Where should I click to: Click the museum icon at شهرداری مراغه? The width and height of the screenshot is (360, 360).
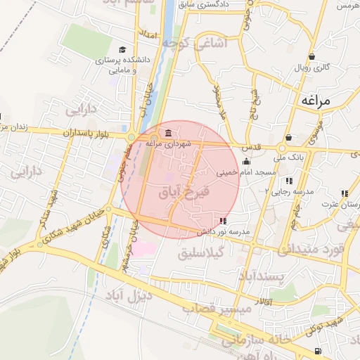click(167, 134)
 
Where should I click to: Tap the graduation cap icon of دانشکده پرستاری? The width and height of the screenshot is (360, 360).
click(123, 49)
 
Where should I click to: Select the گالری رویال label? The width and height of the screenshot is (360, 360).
click(313, 67)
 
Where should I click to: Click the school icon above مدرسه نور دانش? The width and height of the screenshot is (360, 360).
click(224, 221)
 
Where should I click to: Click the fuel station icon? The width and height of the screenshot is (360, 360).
click(319, 351)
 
